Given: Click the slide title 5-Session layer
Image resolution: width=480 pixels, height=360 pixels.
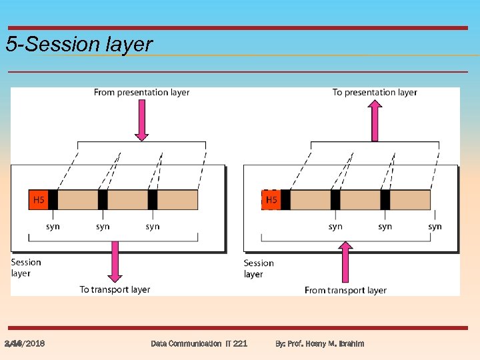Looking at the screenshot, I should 79,45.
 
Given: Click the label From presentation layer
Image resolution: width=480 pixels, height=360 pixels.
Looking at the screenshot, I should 141,93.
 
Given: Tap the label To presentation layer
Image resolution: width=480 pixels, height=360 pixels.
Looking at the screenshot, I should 375,93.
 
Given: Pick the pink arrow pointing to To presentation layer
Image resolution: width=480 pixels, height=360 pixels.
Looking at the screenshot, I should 375,119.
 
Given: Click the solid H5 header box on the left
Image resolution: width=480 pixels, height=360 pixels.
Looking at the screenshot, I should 39,199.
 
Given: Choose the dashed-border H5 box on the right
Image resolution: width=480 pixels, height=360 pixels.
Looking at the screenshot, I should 271,199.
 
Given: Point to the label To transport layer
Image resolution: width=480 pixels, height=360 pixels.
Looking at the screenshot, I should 115,289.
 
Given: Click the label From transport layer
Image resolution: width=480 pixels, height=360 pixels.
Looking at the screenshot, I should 345,290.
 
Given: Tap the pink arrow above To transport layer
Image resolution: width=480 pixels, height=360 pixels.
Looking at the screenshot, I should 115,261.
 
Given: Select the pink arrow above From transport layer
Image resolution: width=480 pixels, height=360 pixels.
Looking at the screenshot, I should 345,262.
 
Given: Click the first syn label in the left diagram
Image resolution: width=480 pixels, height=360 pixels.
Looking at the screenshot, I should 53,227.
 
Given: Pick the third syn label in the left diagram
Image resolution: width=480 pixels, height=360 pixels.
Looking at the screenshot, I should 153,227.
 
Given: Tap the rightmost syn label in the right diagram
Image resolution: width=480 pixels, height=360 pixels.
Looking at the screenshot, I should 435,227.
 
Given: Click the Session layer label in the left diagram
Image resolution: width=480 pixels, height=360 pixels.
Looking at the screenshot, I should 26,267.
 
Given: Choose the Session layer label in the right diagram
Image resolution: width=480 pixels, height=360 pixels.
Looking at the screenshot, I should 259,268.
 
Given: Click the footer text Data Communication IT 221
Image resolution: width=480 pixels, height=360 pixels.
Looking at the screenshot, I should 199,343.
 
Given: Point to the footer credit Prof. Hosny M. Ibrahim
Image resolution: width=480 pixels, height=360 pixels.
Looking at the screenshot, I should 320,343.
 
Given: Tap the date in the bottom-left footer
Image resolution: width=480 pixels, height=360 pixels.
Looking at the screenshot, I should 25,343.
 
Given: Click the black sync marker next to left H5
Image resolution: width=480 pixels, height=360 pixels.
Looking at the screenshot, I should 53,199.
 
